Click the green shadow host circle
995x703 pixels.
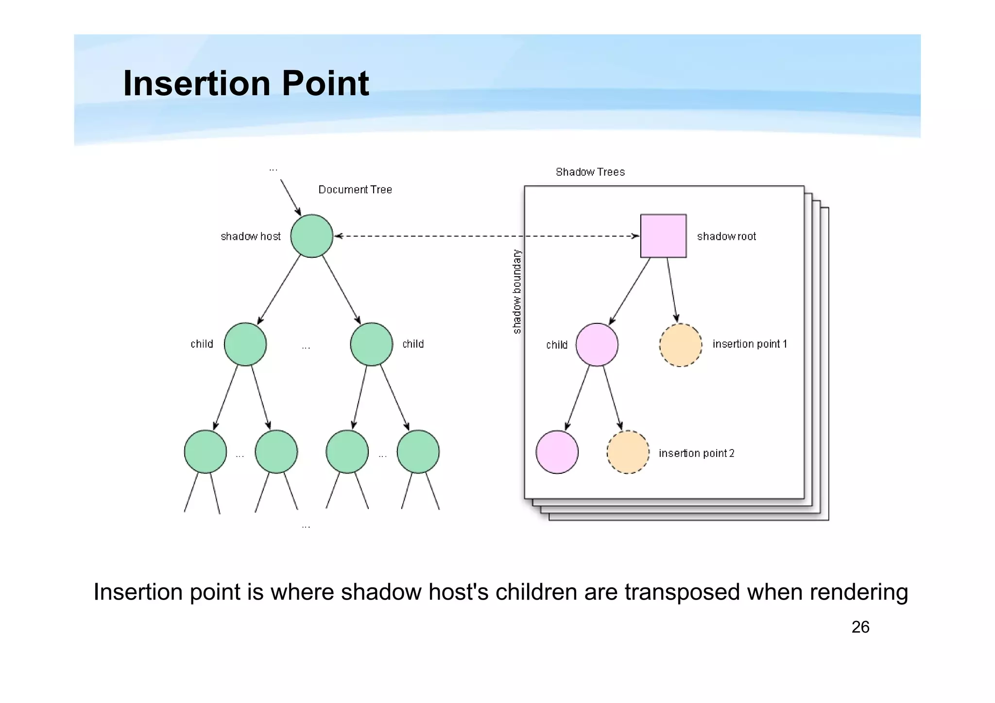[311, 236]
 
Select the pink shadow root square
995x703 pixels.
[663, 236]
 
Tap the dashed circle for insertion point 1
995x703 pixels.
[680, 345]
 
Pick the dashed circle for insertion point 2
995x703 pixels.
[628, 452]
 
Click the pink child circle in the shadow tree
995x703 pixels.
[597, 345]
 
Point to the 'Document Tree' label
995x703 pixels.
[355, 190]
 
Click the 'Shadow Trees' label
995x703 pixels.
[590, 172]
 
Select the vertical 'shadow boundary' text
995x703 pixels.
[517, 292]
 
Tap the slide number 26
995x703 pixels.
[860, 627]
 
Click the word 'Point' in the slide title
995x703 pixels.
[325, 83]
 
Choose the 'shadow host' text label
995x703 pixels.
[250, 236]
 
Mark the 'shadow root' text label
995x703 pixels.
[726, 236]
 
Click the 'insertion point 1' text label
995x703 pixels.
[749, 344]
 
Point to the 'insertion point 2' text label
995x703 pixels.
[696, 453]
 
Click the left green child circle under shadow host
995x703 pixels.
[245, 344]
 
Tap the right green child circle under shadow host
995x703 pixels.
[371, 344]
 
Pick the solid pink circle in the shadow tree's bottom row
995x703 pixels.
[557, 452]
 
